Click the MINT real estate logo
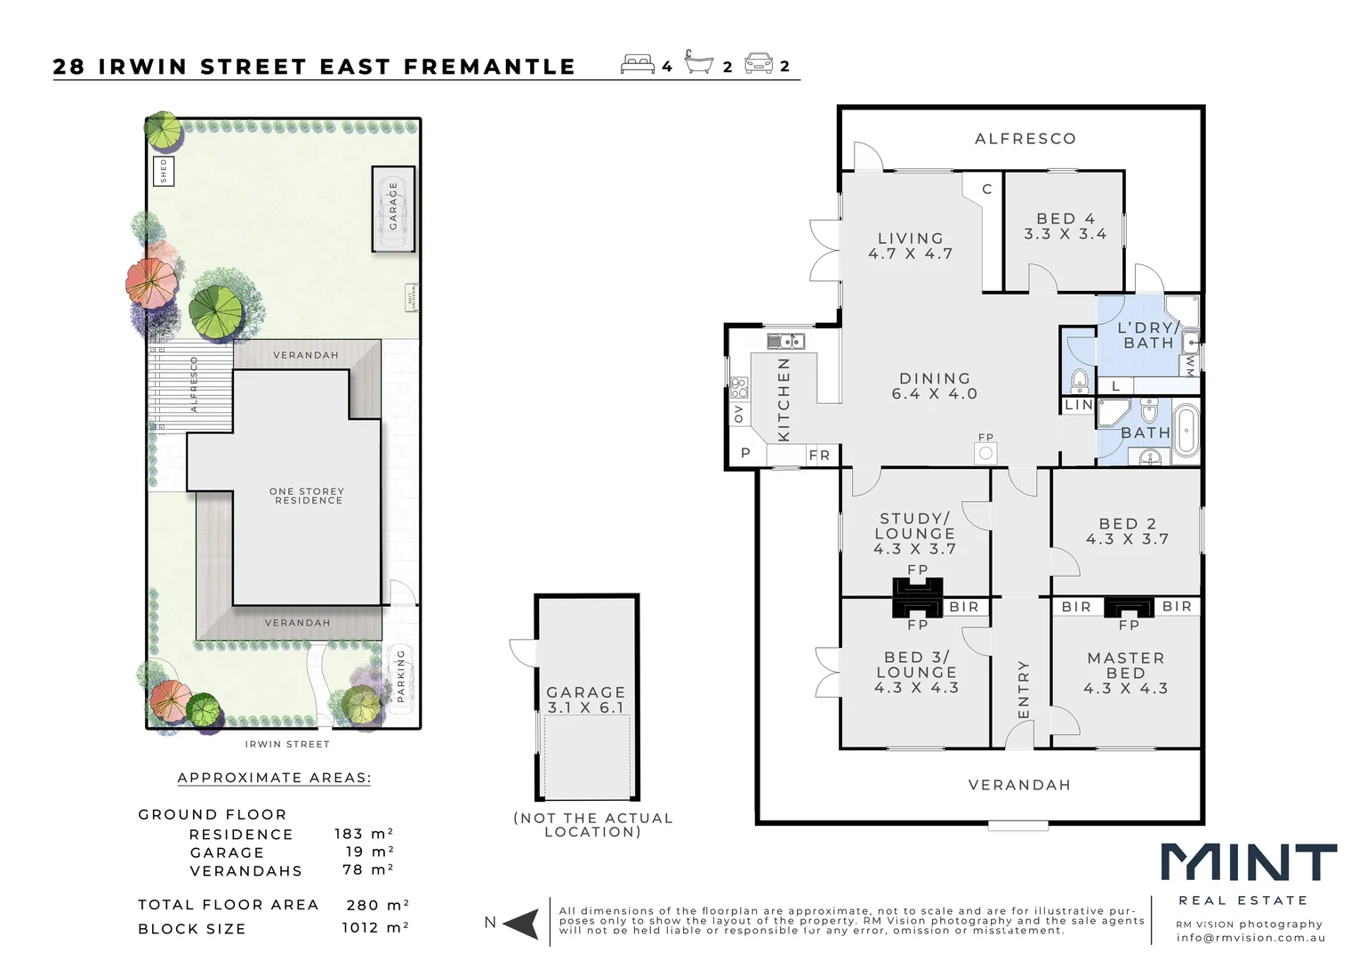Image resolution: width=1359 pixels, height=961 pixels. click(x=1248, y=865)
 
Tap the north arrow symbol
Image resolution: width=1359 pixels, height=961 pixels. click(x=522, y=924)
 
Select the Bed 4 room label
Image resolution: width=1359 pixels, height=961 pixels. click(x=1065, y=226)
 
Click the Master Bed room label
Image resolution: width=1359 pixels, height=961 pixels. click(x=1125, y=673)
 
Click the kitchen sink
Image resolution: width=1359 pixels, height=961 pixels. click(x=786, y=341)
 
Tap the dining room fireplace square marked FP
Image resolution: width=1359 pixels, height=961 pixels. click(x=985, y=453)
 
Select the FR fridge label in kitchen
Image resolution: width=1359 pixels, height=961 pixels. click(x=819, y=456)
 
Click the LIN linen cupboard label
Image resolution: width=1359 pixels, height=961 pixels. click(x=1078, y=405)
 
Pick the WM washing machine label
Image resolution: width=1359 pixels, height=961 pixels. click(x=1190, y=366)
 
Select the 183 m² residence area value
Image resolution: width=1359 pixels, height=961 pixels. click(x=363, y=834)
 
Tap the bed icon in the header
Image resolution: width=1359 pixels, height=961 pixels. click(x=638, y=65)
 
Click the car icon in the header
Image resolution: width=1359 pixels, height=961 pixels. click(x=759, y=64)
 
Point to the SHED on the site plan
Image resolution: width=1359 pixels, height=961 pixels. click(x=164, y=171)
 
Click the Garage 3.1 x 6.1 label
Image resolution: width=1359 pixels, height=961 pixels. click(x=586, y=699)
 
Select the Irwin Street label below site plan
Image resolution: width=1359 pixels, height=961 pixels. click(x=287, y=744)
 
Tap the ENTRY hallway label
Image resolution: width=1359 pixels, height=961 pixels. click(x=1023, y=690)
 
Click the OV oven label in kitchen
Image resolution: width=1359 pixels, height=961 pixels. click(x=738, y=414)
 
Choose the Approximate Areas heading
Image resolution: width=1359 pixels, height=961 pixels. click(x=274, y=778)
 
